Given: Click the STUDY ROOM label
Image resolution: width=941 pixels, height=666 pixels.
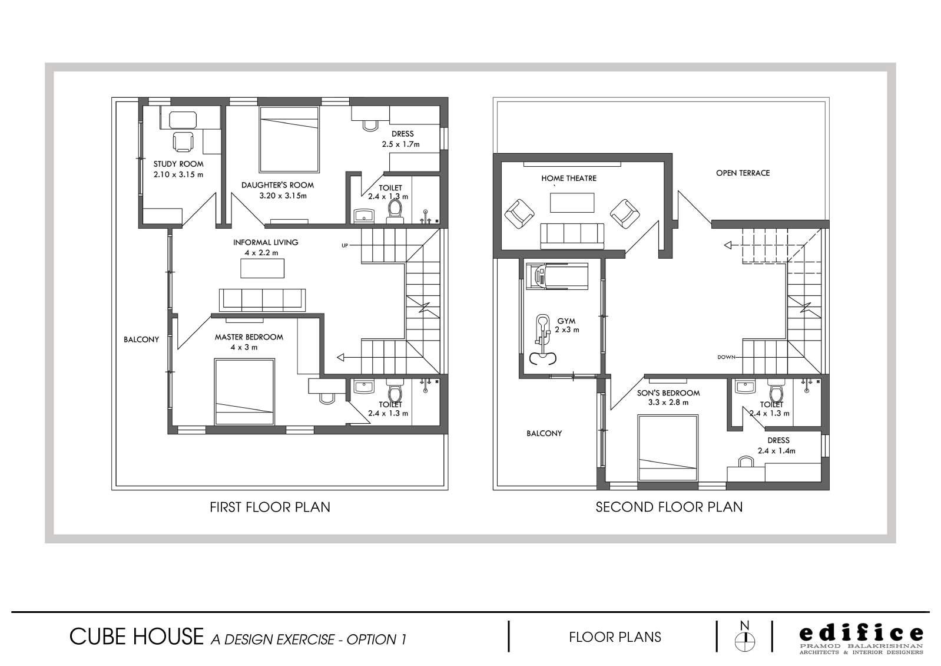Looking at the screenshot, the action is tap(178, 164).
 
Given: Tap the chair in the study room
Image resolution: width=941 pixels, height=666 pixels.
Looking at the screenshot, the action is tap(183, 141).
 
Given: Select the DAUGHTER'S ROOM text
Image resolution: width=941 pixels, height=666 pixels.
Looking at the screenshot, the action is tap(277, 185).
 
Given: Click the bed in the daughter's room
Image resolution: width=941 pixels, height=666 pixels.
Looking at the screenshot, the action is tap(289, 139).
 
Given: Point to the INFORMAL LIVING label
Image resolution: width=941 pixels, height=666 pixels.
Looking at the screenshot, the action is tap(266, 242).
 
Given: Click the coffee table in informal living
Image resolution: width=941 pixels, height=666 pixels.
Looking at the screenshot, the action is tap(262, 268).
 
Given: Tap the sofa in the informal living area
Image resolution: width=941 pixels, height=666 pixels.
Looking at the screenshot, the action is tap(263, 300).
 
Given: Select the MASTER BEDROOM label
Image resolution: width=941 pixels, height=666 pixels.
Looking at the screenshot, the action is tap(248, 337).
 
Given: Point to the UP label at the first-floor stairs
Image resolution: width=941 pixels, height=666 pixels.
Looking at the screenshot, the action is tap(344, 246).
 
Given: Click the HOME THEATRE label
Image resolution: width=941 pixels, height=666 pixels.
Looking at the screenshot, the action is tap(569, 178).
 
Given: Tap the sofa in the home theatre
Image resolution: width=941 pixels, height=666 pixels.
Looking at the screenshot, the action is tap(572, 236).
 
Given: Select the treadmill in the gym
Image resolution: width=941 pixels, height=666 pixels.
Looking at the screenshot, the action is tap(557, 276).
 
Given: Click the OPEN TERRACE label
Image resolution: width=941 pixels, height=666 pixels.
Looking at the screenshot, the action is tap(743, 173).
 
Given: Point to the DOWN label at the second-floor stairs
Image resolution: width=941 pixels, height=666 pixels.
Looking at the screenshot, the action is tap(726, 357).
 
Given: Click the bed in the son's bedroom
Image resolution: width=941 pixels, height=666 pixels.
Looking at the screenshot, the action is tap(668, 448).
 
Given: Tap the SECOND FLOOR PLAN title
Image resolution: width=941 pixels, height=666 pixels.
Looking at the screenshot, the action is tap(669, 507).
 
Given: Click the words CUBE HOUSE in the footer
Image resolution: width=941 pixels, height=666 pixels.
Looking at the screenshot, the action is tap(137, 637).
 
